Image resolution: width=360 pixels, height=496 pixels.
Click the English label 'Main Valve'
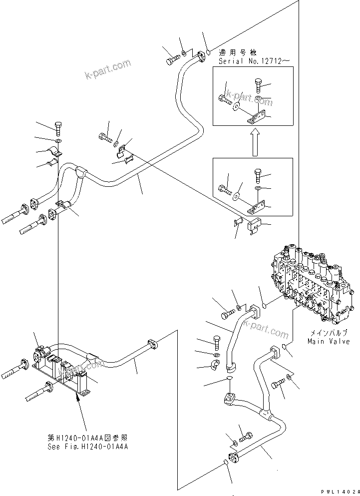(329, 341)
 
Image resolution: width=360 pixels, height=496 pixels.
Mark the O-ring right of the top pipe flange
(208, 51)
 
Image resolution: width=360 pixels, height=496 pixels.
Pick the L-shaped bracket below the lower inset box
(254, 226)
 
